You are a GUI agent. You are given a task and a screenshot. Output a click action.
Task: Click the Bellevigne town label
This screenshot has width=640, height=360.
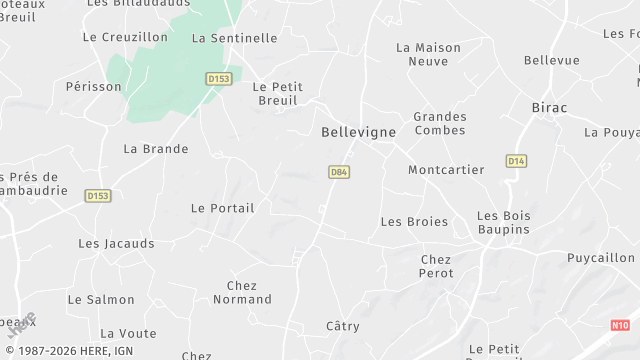pyautogui.click(x=358, y=132)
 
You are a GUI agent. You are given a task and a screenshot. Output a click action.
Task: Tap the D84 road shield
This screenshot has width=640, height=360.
pyautogui.click(x=339, y=172)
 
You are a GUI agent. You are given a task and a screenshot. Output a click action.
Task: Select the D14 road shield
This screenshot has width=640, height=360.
pyautogui.click(x=516, y=160)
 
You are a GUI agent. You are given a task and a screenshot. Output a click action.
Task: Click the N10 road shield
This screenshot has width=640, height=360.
pyautogui.click(x=620, y=325)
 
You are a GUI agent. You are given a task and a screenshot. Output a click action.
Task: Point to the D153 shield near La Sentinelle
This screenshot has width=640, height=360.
pyautogui.click(x=218, y=78)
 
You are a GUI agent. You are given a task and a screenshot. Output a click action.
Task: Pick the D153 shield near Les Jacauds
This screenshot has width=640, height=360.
pyautogui.click(x=97, y=196)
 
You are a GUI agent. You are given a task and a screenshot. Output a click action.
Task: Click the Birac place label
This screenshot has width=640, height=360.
pyautogui.click(x=549, y=107)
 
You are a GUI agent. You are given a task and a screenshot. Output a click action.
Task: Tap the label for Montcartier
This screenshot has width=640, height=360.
pyautogui.click(x=446, y=170)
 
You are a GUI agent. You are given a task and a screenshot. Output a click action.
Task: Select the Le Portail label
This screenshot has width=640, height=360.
pyautogui.click(x=222, y=208)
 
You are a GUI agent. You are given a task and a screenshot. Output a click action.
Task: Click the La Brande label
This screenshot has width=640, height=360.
pyautogui.click(x=155, y=149)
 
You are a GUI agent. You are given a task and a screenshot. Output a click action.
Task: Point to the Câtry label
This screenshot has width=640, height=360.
pyautogui.click(x=343, y=326)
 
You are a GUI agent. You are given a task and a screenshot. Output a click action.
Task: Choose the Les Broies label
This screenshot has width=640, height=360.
pyautogui.click(x=414, y=221)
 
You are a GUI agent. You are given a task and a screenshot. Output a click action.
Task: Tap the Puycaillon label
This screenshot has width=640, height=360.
pyautogui.click(x=600, y=257)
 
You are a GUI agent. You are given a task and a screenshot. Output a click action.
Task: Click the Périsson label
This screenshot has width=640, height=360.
pyautogui.click(x=93, y=87)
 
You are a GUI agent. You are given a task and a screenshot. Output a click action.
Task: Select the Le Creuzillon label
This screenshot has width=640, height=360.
pyautogui.click(x=125, y=37)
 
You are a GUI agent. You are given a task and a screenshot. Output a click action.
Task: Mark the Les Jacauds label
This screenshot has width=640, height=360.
pyautogui.click(x=116, y=243)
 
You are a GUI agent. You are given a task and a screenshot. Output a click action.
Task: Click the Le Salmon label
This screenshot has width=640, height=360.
pyautogui.click(x=100, y=299)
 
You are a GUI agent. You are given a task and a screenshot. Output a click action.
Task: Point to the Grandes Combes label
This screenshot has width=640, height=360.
pyautogui.click(x=439, y=124)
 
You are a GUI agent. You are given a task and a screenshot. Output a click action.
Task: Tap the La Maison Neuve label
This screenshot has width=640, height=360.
pyautogui.click(x=428, y=54)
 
